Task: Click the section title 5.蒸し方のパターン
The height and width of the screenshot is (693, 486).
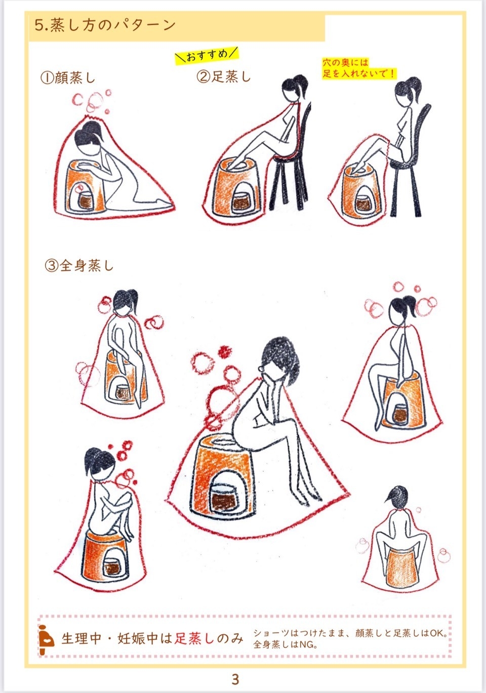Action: (105, 25)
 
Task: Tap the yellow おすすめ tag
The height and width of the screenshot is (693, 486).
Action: (207, 56)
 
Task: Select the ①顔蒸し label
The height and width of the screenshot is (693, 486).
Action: (67, 77)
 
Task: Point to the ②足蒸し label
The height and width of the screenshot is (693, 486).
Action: (223, 76)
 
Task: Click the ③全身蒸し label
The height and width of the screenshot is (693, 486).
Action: (79, 265)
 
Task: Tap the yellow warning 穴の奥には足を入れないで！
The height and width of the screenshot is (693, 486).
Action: (359, 68)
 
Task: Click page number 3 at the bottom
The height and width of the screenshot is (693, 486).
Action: (235, 679)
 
